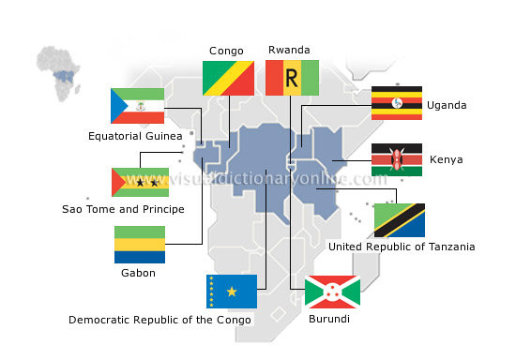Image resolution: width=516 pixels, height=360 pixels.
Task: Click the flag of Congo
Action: (x=228, y=79)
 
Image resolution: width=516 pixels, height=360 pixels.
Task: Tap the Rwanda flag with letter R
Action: (x=292, y=79)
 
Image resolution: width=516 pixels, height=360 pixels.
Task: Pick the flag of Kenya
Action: (x=396, y=160)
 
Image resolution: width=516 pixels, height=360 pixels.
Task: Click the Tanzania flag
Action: (x=399, y=220)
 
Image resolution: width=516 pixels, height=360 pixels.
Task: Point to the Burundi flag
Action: (x=332, y=292)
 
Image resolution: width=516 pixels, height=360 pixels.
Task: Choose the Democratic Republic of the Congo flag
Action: (x=231, y=292)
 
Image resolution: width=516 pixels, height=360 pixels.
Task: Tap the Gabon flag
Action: (x=140, y=244)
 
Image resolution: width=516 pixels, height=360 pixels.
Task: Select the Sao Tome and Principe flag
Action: (x=140, y=182)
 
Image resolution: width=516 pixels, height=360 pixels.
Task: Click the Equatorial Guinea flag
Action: (x=138, y=106)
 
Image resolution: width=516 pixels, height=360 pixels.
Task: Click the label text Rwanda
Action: (x=289, y=51)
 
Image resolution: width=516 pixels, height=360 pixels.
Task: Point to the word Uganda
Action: (x=446, y=105)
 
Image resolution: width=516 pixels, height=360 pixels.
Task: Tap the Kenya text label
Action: (x=446, y=160)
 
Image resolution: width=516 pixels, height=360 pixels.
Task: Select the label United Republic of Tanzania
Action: (x=401, y=247)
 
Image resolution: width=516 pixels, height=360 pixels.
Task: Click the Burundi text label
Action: (x=329, y=320)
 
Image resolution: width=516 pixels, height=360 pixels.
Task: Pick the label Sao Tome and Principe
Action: (x=123, y=209)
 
